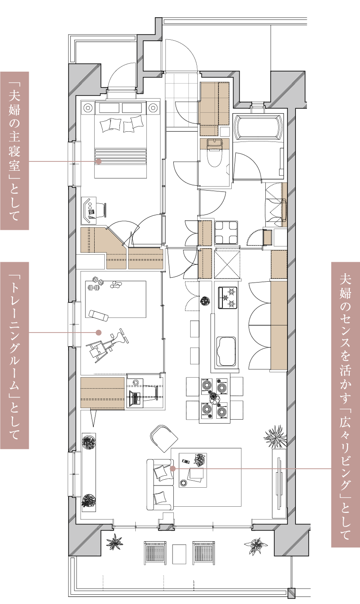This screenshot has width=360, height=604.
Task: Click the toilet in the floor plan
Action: (214, 153)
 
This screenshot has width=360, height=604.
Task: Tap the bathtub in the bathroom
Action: (258, 127)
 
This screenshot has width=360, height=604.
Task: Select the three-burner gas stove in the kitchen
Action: (228, 298)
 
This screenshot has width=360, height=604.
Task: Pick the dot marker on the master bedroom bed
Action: (99, 161)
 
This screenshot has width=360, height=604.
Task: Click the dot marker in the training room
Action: (99, 333)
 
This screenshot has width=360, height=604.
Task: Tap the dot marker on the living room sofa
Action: (173, 469)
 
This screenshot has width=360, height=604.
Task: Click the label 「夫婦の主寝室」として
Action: (15, 151)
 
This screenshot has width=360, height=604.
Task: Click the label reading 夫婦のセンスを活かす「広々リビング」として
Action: (345, 405)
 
